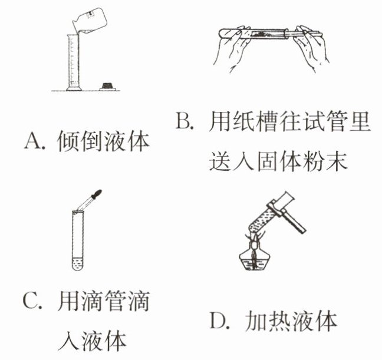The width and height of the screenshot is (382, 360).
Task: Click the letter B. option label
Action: coord(185,120)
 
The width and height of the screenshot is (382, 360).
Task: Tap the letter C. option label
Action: coord(32,301)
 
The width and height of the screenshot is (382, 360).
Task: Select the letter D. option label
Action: coord(220,321)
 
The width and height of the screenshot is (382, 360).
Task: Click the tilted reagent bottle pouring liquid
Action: coord(90,21)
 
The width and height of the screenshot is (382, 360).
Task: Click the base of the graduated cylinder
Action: coord(74,88)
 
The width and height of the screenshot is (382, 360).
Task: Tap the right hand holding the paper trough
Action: coord(312,47)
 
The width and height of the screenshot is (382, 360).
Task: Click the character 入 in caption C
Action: coord(68,341)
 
